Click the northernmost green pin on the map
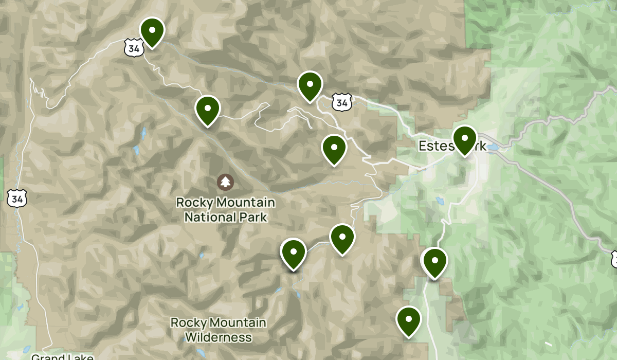[x=152, y=32]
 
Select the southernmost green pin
[x=409, y=320]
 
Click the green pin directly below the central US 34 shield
[x=334, y=149]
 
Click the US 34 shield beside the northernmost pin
[x=132, y=48]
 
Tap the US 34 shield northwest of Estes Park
[x=341, y=102]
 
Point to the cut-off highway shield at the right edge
[x=614, y=259]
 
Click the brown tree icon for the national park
[x=225, y=182]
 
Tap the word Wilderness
[x=219, y=337]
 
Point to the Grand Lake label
[x=62, y=356]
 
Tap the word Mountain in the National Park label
[x=242, y=202]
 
